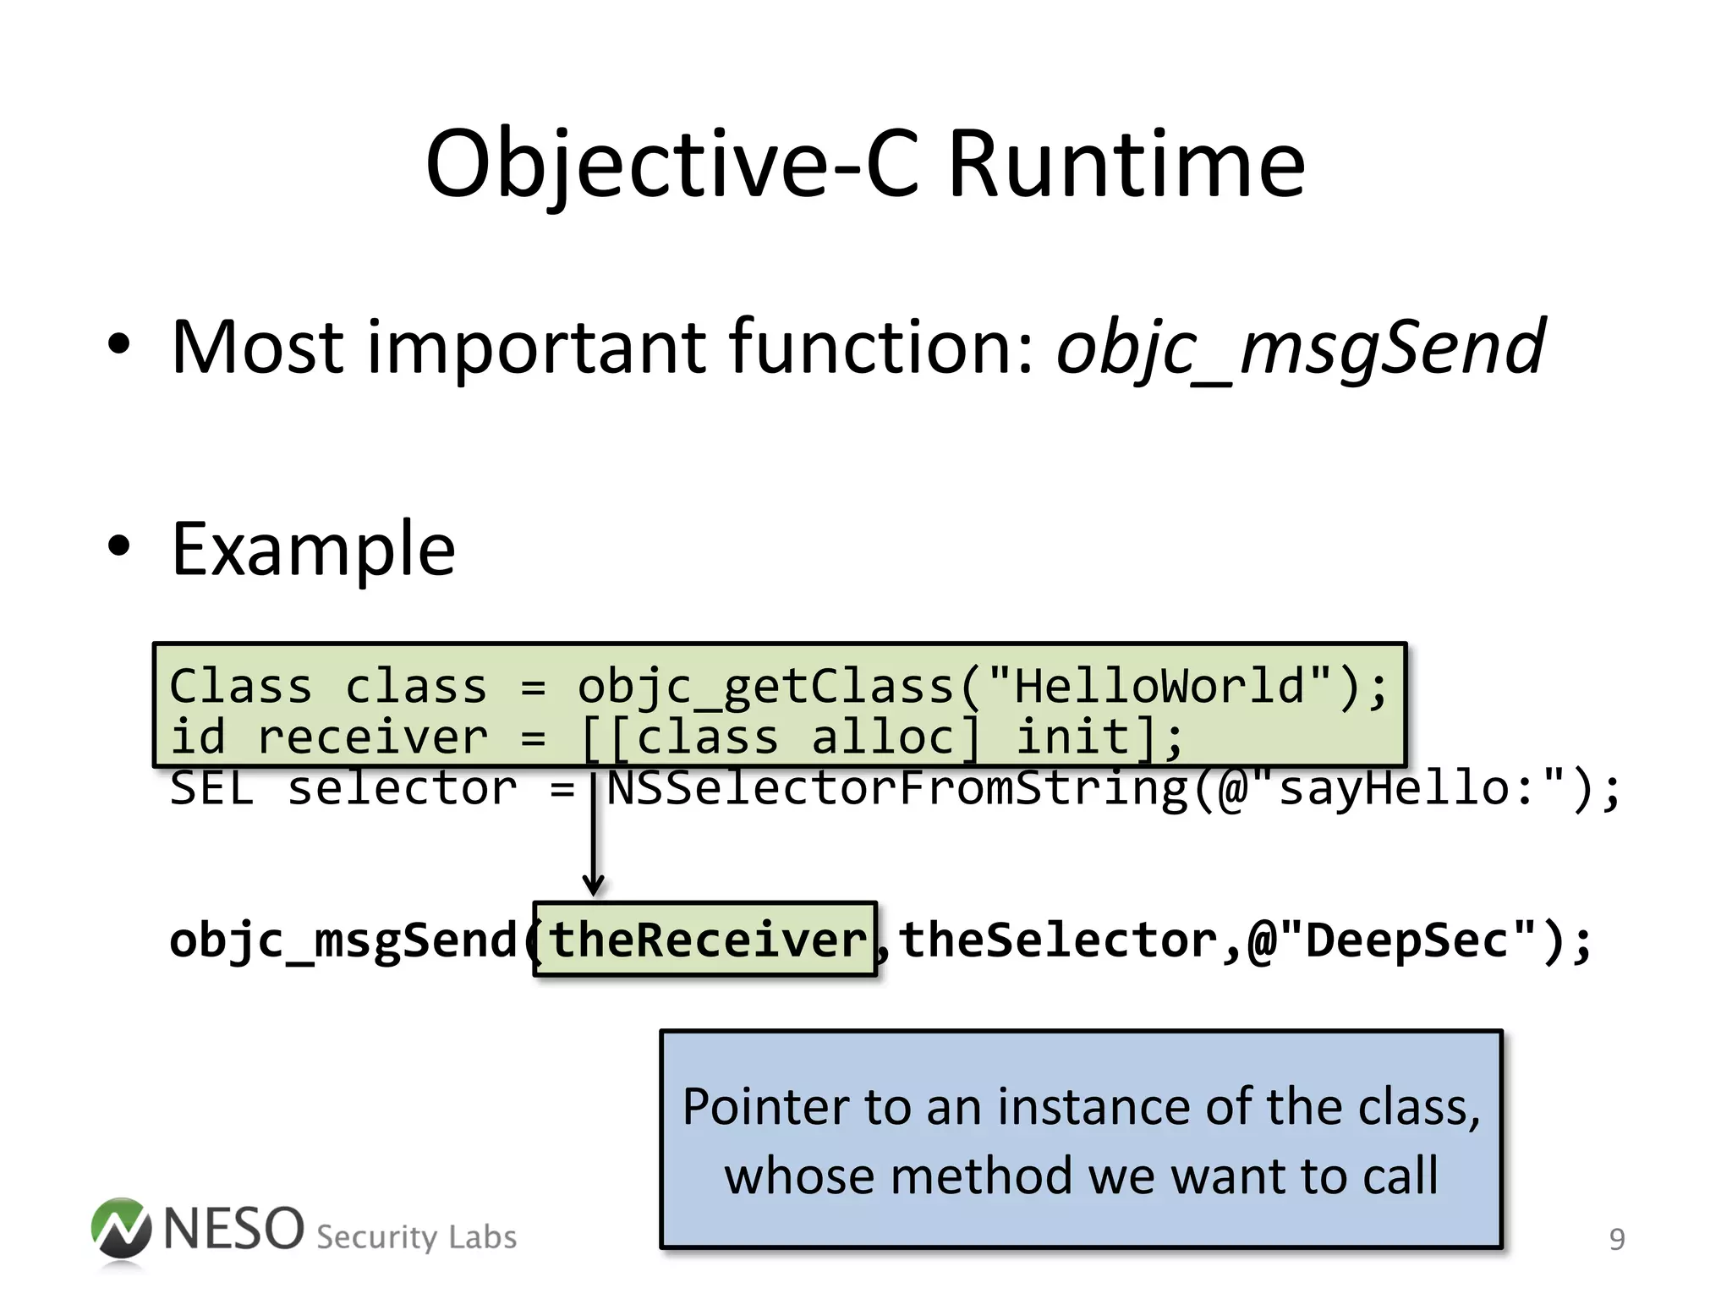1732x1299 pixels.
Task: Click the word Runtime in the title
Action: click(x=1126, y=164)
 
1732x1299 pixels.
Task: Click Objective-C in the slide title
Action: click(x=672, y=166)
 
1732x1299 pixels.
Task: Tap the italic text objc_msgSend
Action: click(x=1301, y=348)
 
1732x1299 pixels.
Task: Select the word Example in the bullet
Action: click(x=314, y=550)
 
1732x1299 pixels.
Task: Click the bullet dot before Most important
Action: click(x=119, y=344)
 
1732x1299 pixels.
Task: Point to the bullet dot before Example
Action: click(x=119, y=545)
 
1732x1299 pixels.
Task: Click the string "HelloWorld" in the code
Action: click(x=1159, y=686)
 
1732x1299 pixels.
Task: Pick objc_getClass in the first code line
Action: click(x=765, y=686)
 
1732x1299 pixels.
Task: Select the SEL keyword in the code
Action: click(x=211, y=789)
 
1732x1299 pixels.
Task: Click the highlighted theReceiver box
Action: click(x=706, y=940)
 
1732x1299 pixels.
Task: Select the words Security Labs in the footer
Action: click(x=416, y=1237)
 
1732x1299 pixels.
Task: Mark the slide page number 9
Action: click(x=1616, y=1240)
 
